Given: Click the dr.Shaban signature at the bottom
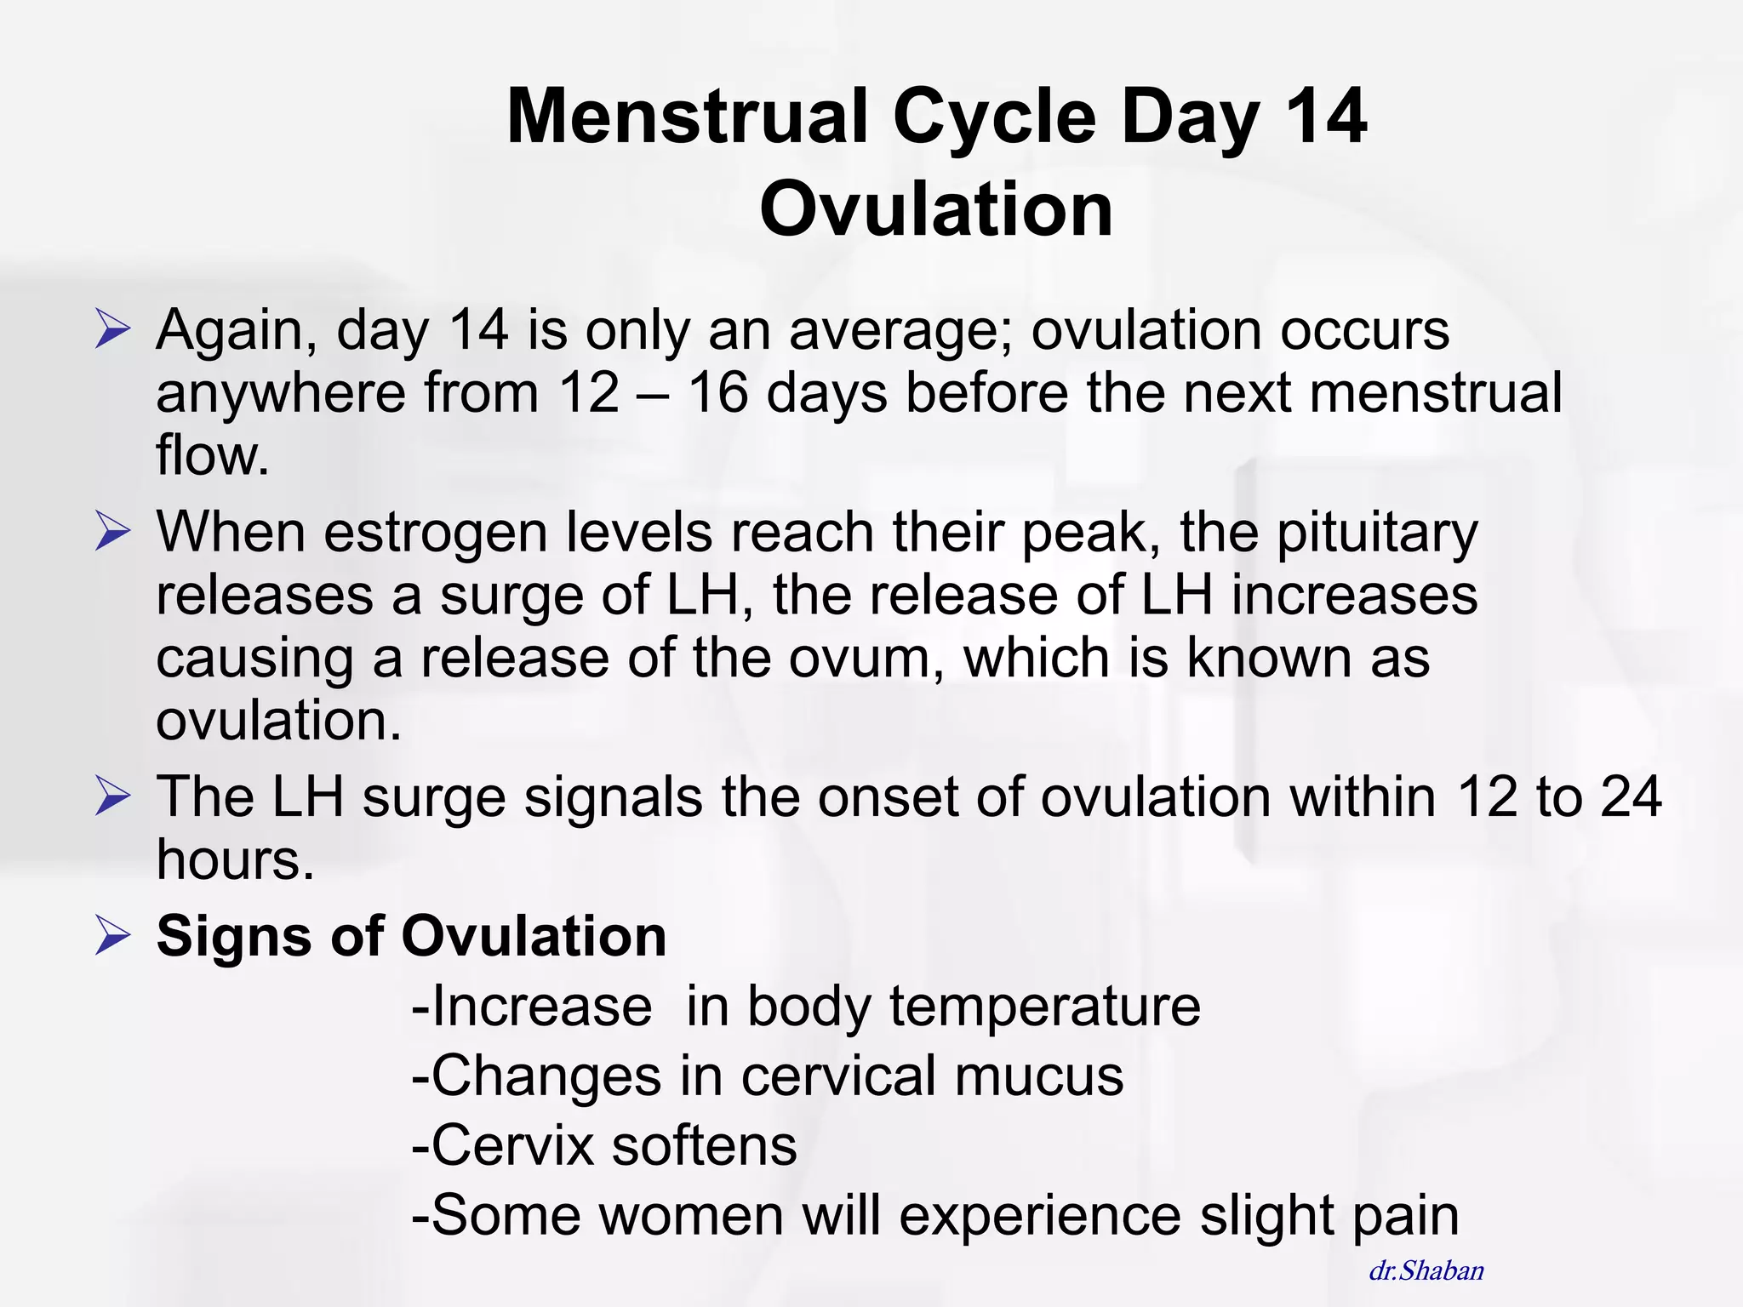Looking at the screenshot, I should (1426, 1270).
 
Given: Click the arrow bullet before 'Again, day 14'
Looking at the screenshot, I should (112, 330).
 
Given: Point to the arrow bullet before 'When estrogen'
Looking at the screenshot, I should (112, 532).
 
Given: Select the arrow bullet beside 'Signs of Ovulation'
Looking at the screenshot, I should (112, 936).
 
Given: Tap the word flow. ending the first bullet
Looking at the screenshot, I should (212, 455).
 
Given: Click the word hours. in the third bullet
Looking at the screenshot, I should (235, 859).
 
